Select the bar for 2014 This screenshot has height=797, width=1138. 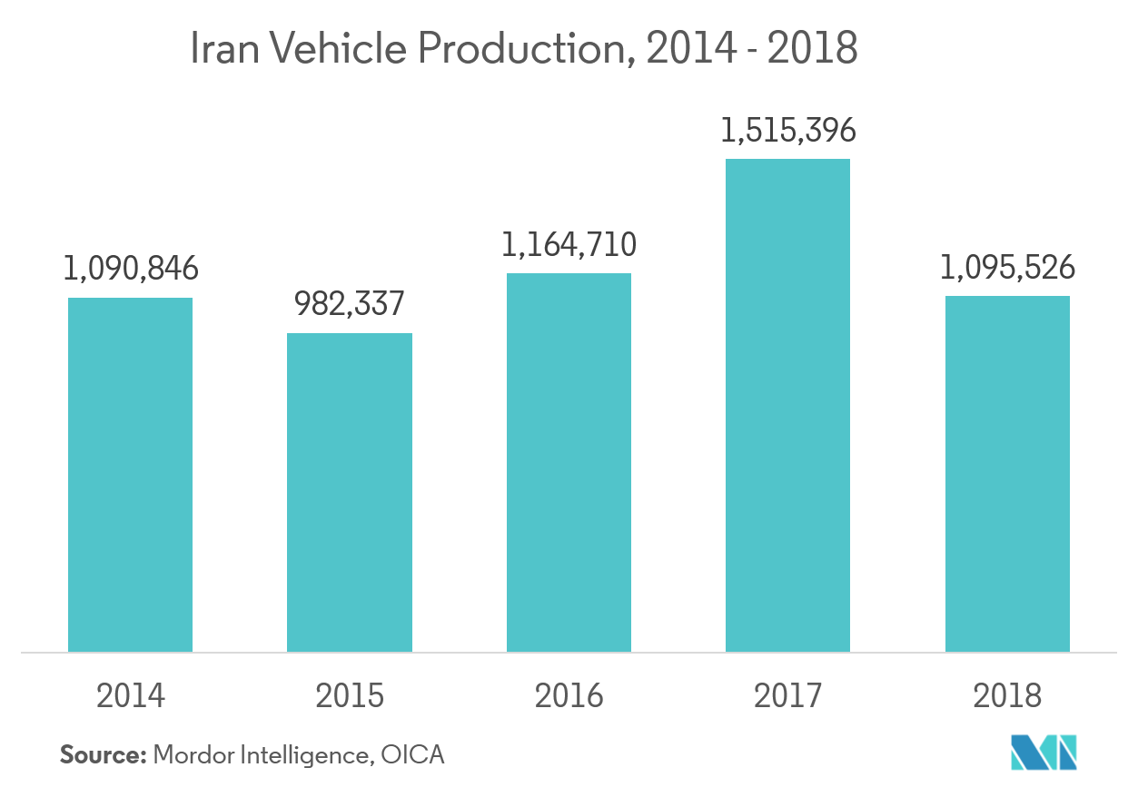[x=130, y=475]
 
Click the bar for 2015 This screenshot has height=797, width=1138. [x=350, y=492]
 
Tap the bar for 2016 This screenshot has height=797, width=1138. [x=569, y=462]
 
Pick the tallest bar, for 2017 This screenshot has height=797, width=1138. [x=787, y=405]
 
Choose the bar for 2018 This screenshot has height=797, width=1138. [x=1007, y=474]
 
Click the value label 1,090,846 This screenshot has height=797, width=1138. [x=130, y=269]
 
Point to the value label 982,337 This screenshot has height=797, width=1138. [x=350, y=304]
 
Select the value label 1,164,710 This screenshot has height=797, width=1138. [x=569, y=244]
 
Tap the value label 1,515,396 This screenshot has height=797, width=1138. [x=787, y=131]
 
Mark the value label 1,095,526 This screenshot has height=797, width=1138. [x=1007, y=268]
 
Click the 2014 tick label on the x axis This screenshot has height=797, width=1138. [x=130, y=695]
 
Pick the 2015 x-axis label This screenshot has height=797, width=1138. [x=350, y=695]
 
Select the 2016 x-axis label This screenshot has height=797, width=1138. [x=569, y=695]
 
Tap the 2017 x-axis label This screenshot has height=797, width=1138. [x=787, y=695]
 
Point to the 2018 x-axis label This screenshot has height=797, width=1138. [x=1007, y=695]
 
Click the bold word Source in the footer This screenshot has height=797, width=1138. [x=103, y=754]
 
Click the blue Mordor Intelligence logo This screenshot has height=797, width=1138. [x=1044, y=752]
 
